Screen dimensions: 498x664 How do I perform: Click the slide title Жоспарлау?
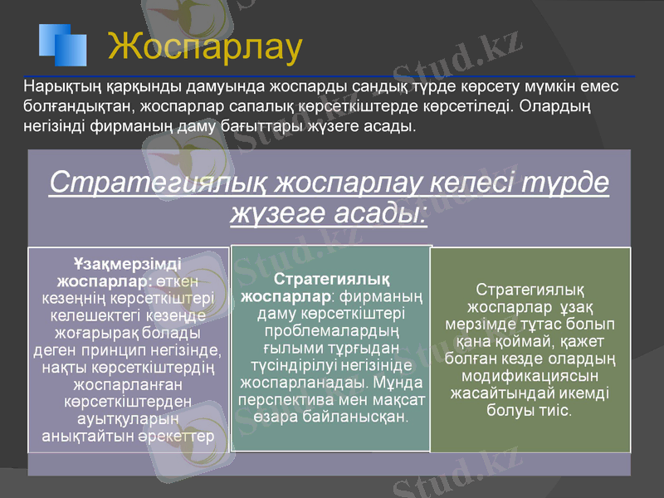[x=205, y=47]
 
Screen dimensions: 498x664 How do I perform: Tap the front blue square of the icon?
[x=70, y=50]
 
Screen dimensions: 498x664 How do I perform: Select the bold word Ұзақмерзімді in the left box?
[x=129, y=265]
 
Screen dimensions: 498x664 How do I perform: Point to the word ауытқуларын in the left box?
[x=128, y=419]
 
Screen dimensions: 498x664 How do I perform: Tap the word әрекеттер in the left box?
[x=178, y=436]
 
